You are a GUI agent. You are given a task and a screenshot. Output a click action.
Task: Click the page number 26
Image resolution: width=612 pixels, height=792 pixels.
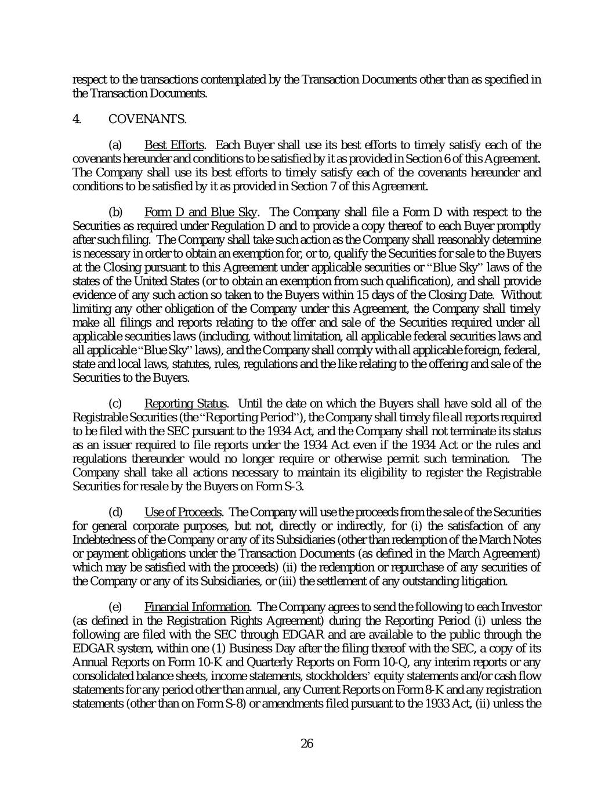(307, 744)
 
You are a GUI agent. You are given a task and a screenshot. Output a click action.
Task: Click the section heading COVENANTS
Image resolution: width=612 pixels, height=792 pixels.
(147, 120)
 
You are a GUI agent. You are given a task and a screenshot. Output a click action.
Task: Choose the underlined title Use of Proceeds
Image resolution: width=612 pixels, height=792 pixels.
(183, 512)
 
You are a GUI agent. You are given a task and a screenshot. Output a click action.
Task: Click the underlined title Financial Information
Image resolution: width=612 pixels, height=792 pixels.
(197, 607)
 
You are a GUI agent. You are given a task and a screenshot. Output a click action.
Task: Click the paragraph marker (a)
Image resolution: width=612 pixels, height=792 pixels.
(115, 145)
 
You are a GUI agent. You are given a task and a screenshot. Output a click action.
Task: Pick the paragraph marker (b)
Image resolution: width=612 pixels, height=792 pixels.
(115, 212)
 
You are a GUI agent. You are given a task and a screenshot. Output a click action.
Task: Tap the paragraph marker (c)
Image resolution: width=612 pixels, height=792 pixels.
(115, 403)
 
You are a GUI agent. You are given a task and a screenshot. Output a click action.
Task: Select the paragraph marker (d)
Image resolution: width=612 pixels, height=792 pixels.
(115, 512)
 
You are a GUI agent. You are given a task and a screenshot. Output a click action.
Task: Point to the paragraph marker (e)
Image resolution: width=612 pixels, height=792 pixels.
(115, 607)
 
